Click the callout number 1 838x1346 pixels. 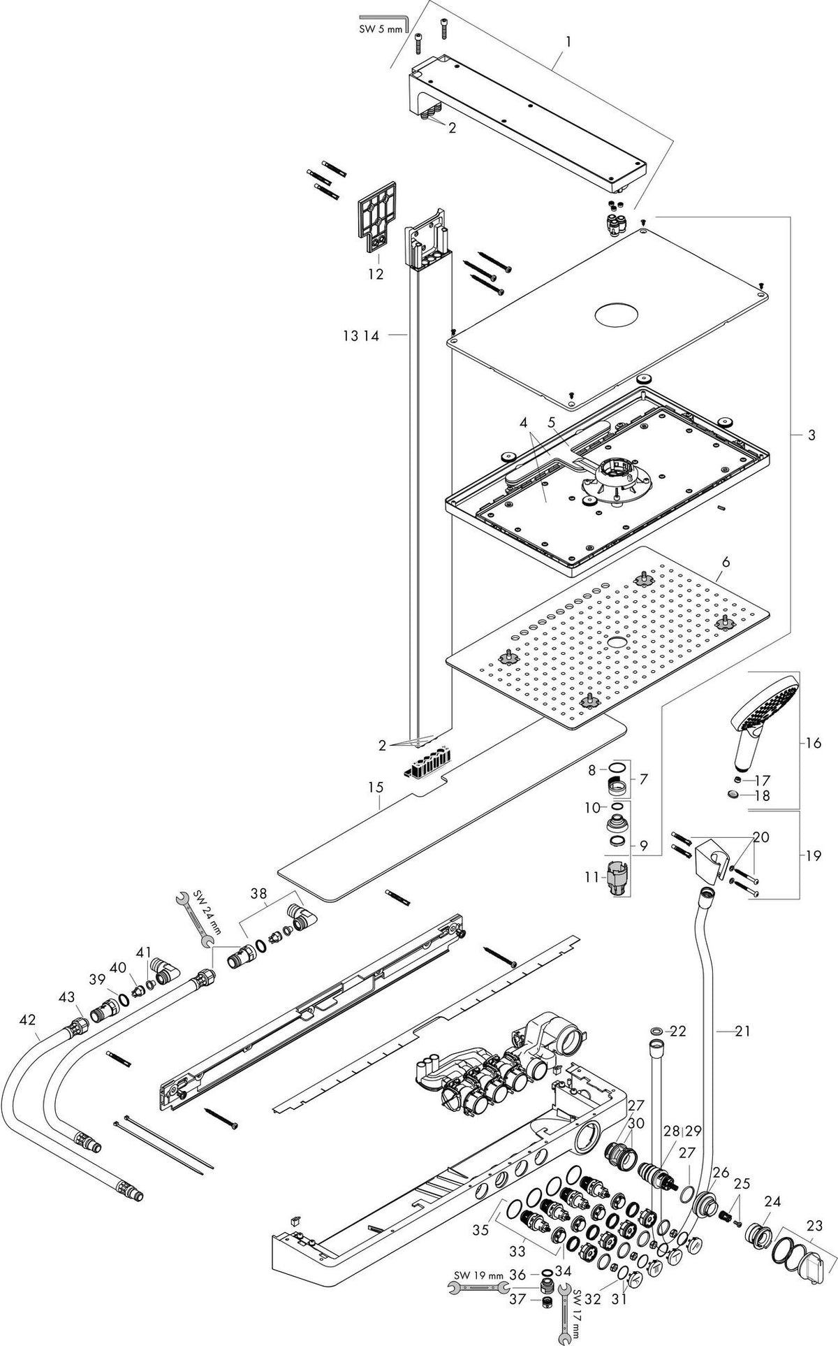click(x=568, y=43)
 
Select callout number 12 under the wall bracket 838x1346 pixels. click(x=375, y=274)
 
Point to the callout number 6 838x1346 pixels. click(x=726, y=561)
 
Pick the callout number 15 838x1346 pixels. click(x=376, y=787)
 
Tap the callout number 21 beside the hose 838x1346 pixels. click(x=742, y=1030)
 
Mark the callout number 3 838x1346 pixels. click(x=811, y=435)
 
